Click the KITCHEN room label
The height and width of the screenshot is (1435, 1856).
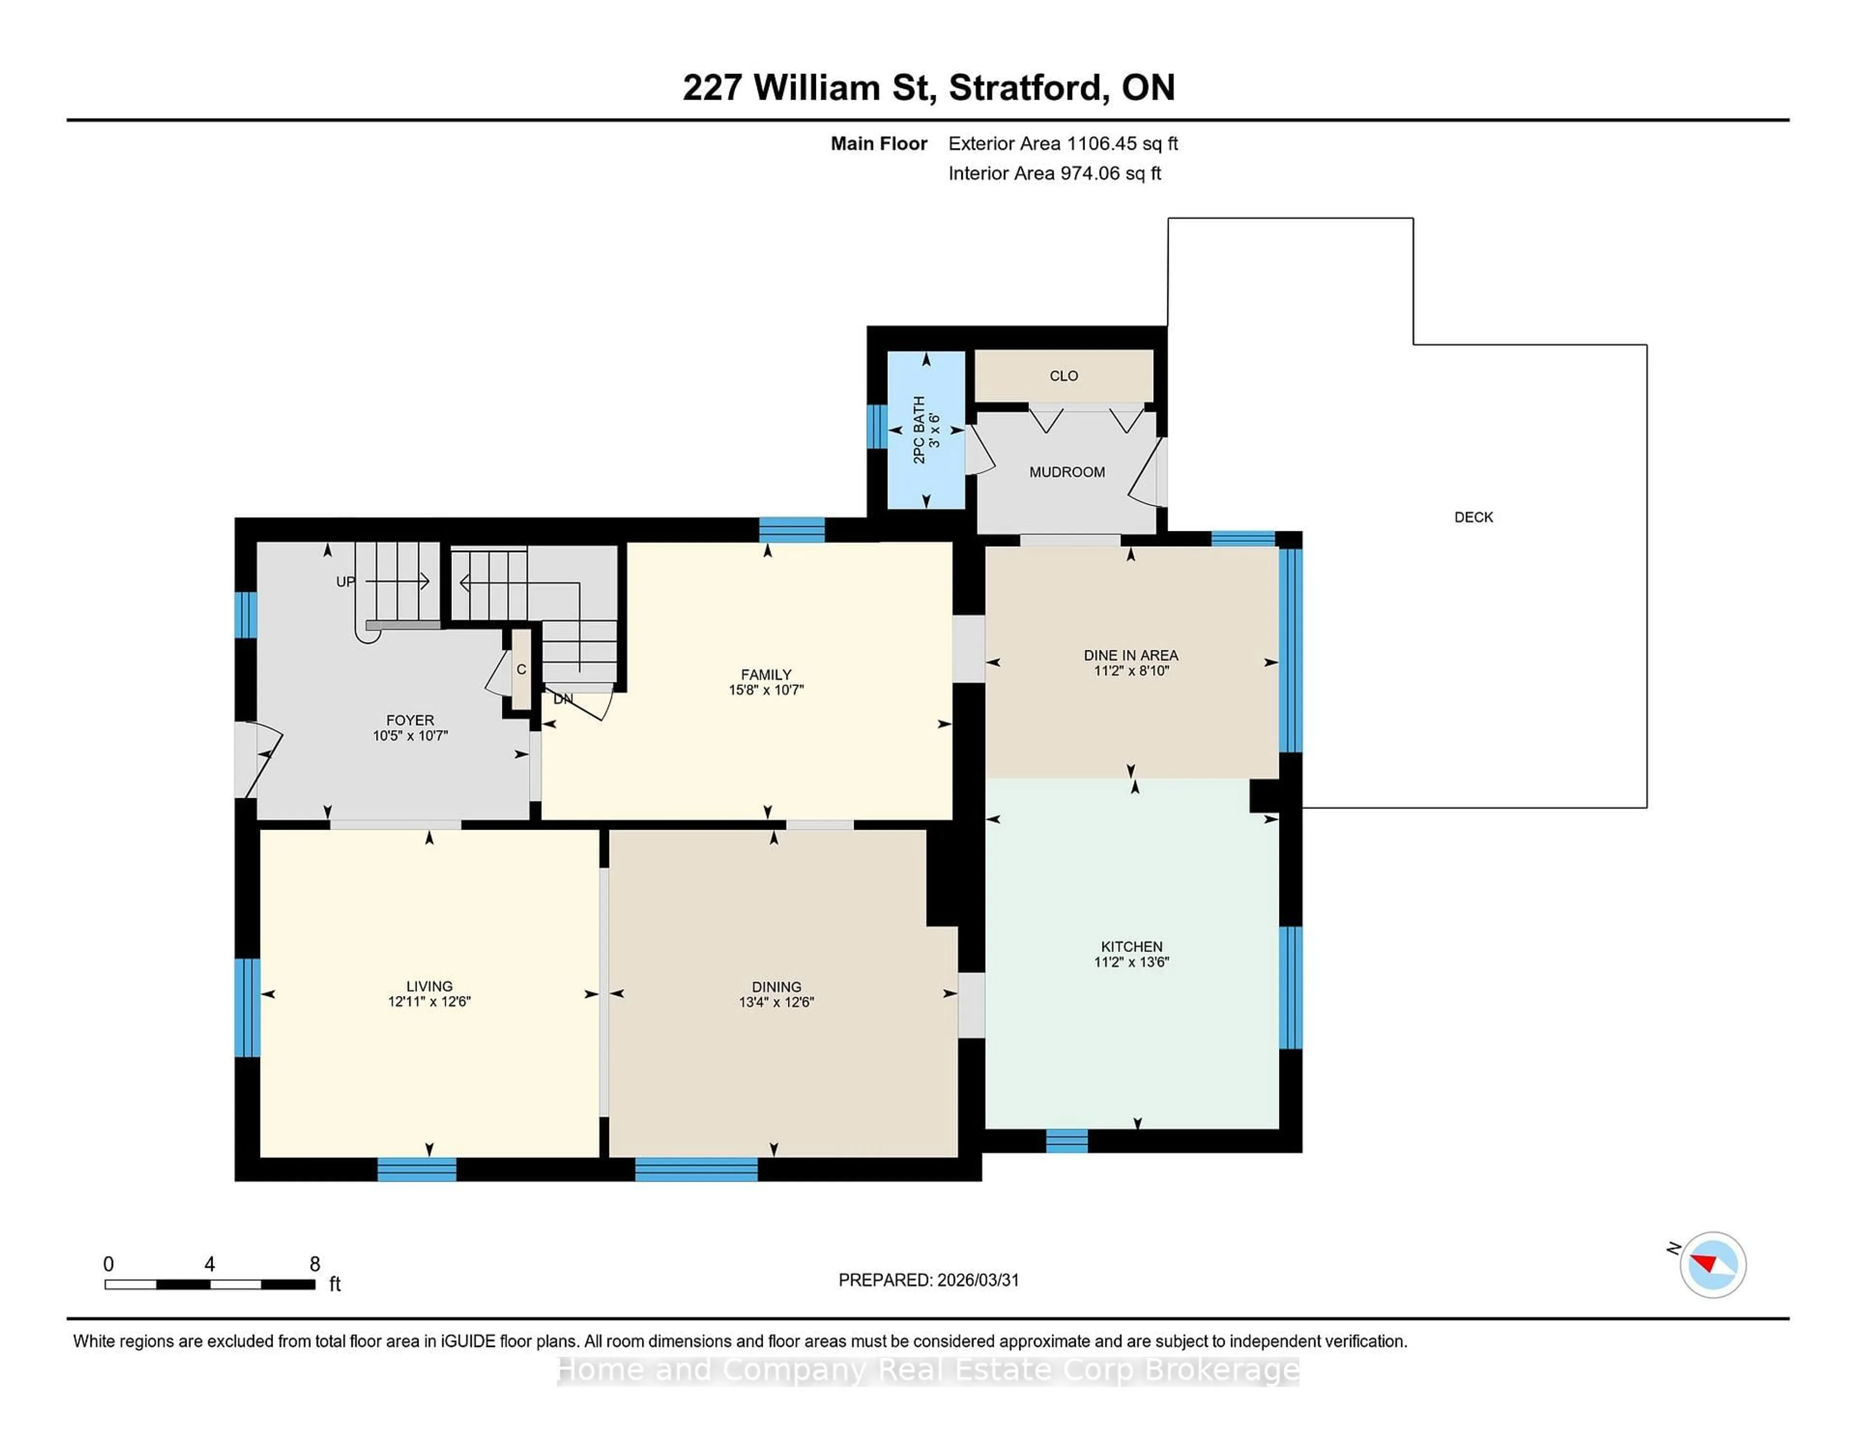(x=1131, y=946)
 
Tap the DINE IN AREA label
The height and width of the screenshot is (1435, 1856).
(x=1130, y=655)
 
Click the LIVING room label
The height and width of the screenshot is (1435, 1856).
(x=429, y=986)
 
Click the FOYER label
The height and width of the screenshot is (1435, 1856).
(x=409, y=720)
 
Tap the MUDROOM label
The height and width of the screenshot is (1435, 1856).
(x=1067, y=472)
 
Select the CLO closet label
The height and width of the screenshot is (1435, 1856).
(x=1063, y=376)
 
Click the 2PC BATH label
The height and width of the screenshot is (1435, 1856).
(x=919, y=429)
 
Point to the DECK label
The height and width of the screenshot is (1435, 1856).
(x=1473, y=517)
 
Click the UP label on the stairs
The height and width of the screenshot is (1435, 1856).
(x=345, y=582)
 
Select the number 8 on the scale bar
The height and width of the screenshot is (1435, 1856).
(x=315, y=1264)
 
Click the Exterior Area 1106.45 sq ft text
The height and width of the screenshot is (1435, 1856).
(x=1062, y=144)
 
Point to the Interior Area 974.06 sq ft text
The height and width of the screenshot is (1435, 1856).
(x=1054, y=174)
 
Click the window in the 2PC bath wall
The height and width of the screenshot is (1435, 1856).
(x=876, y=426)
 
